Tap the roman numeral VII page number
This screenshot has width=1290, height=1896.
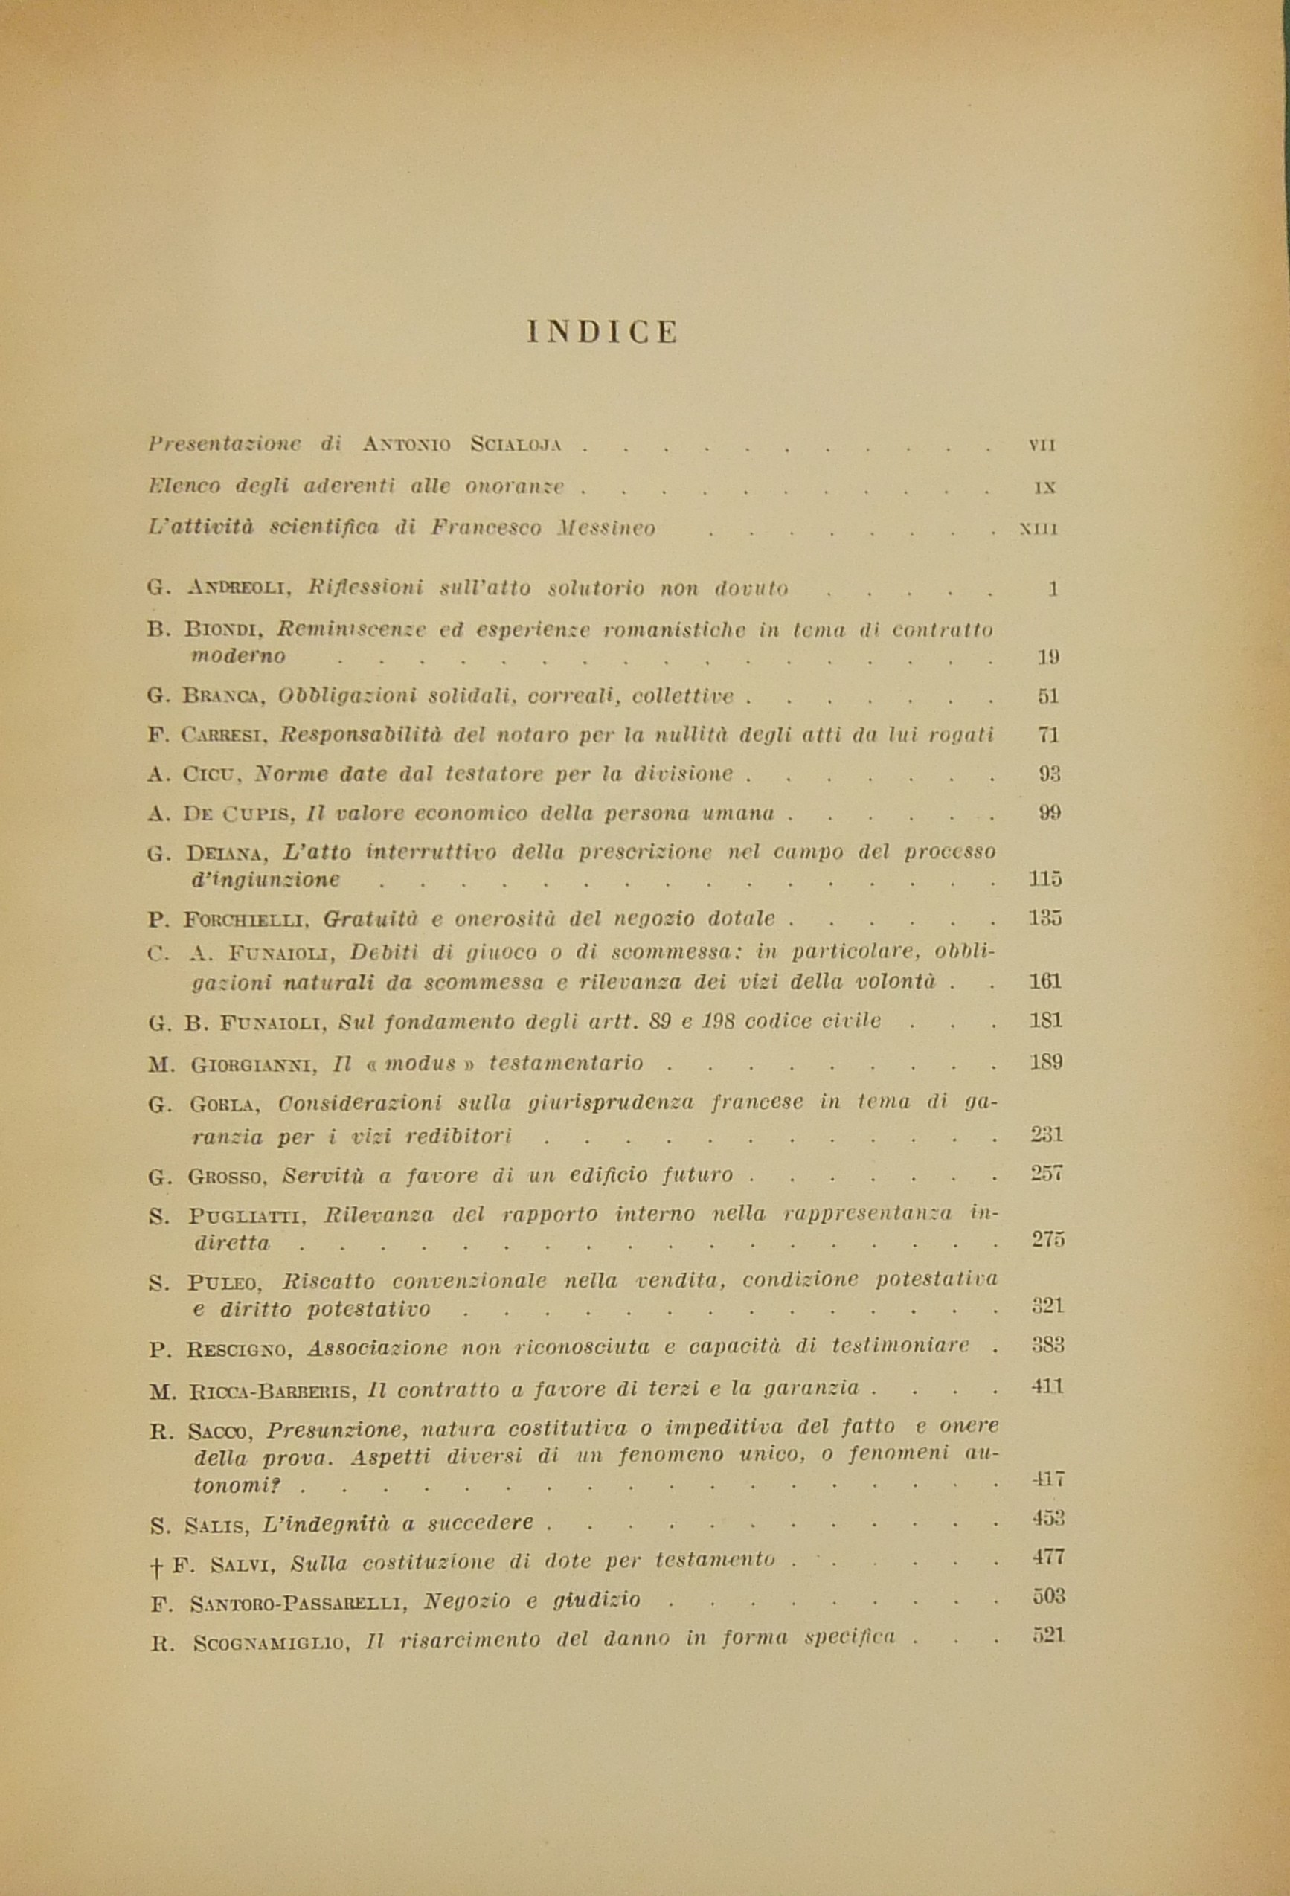1043,446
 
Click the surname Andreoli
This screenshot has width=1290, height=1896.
246,588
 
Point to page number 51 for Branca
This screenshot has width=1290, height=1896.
1047,696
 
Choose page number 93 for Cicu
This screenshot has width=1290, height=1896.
1048,774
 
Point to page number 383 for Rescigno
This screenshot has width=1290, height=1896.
1047,1346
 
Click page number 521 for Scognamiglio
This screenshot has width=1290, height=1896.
1047,1635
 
